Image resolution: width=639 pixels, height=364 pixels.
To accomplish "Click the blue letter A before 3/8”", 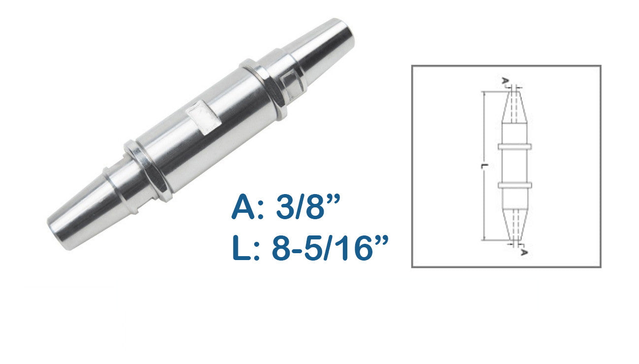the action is pyautogui.click(x=243, y=207).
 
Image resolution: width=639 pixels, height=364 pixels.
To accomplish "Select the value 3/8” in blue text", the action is pyautogui.click(x=308, y=206).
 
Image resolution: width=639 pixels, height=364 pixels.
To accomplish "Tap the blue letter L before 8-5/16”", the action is pyautogui.click(x=241, y=247).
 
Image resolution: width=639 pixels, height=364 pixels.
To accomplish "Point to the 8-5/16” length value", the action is pyautogui.click(x=330, y=247).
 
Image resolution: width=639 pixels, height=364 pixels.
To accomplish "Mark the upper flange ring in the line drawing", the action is pyautogui.click(x=515, y=147).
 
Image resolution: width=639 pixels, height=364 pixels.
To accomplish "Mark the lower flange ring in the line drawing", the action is pyautogui.click(x=515, y=185).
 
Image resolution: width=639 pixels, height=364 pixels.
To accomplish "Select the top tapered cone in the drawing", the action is pyautogui.click(x=515, y=107).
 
